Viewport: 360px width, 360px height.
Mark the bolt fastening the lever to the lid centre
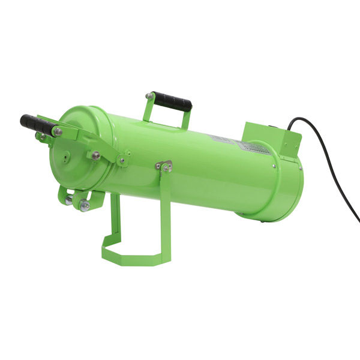tap(95, 155)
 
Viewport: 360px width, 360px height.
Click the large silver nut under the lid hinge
tap(85, 206)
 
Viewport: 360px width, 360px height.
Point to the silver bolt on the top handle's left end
tap(149, 96)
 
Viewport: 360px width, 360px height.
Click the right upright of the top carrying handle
tap(186, 119)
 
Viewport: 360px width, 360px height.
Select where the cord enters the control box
tap(289, 128)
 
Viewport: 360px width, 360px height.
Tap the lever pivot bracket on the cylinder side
tap(123, 159)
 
